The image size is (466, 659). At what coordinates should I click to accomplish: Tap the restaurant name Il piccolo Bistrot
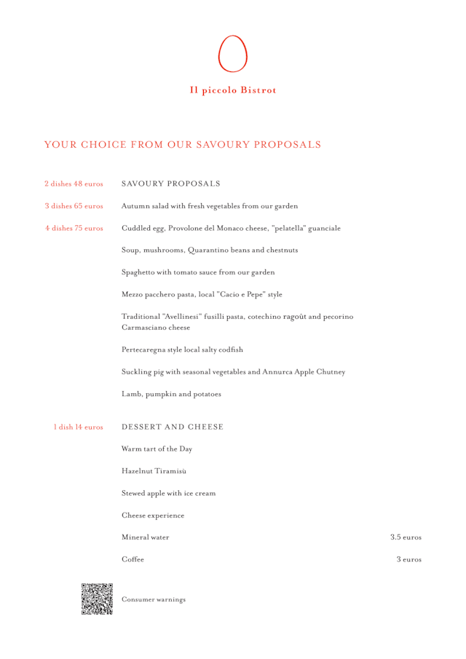click(233, 90)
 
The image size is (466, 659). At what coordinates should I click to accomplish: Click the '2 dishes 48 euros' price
click(74, 183)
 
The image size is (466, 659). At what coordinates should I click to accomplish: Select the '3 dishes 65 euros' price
click(74, 205)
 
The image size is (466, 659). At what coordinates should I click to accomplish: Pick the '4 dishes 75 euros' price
click(74, 228)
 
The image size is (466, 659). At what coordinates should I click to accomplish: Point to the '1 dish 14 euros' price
click(78, 427)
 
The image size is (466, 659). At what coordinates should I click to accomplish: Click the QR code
click(97, 599)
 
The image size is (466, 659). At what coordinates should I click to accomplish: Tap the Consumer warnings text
click(153, 599)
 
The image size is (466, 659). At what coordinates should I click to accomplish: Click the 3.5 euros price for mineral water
click(406, 537)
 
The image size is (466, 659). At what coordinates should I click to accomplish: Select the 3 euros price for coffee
click(408, 559)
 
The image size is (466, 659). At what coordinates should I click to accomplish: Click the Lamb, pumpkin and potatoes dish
click(168, 395)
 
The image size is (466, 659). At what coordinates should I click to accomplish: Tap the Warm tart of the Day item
click(157, 449)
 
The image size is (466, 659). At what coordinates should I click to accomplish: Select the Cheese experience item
click(153, 516)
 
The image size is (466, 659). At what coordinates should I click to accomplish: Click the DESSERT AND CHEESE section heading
click(172, 427)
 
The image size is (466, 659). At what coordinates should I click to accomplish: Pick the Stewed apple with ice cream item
click(168, 494)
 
